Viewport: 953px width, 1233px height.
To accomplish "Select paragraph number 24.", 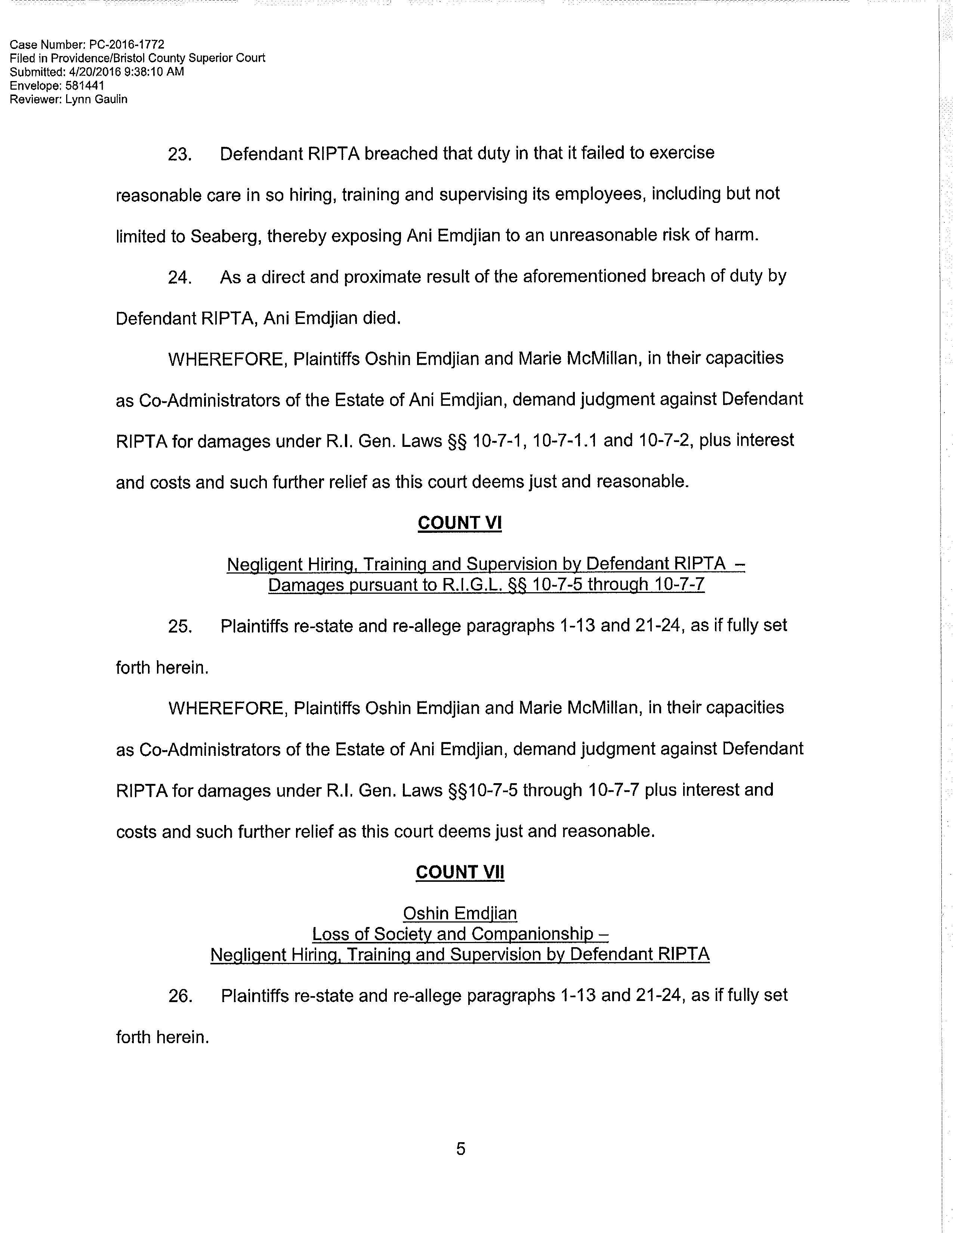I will point(179,278).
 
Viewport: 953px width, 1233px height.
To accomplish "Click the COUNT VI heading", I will point(460,523).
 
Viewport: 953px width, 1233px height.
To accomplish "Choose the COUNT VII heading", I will point(460,872).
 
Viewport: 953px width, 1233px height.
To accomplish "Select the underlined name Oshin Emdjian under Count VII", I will point(460,914).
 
